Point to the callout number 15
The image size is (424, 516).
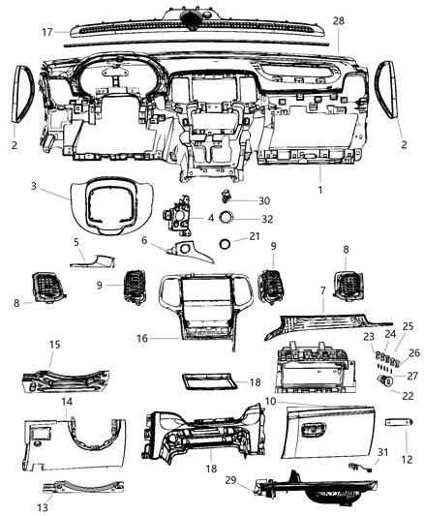pos(55,343)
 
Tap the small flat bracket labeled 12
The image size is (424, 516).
pos(400,426)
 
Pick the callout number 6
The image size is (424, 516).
pos(144,241)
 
